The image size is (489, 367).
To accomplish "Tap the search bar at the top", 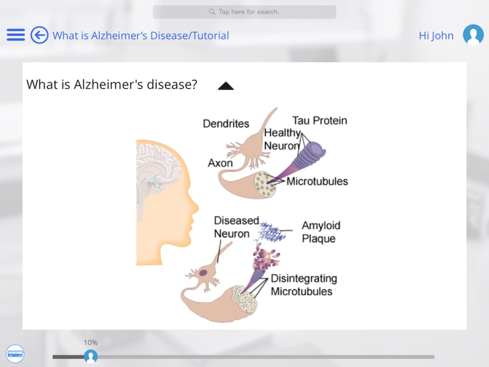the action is point(244,12).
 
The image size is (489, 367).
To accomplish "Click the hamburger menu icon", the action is point(16,35).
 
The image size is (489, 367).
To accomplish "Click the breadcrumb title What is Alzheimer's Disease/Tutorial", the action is point(141,36).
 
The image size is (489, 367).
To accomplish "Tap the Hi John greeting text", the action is point(436,36).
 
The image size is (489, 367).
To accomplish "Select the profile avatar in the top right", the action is point(473,35).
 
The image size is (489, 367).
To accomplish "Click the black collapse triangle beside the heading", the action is point(226,86).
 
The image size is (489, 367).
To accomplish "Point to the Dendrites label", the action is point(226,124).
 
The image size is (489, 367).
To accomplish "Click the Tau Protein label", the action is point(320,120).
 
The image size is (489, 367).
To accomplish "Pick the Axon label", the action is point(220,163).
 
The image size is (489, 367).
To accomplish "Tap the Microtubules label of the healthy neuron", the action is point(317,182).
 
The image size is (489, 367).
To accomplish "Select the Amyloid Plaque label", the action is point(321,232).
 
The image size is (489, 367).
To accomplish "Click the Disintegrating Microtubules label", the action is point(304,285).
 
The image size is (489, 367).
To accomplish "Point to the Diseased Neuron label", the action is point(236,227).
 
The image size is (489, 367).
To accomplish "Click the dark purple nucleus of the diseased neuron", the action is point(203,273).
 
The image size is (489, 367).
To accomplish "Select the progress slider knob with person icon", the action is point(91,356).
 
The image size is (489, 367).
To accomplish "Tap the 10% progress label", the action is point(90,343).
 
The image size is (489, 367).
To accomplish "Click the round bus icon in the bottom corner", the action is point(15,354).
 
